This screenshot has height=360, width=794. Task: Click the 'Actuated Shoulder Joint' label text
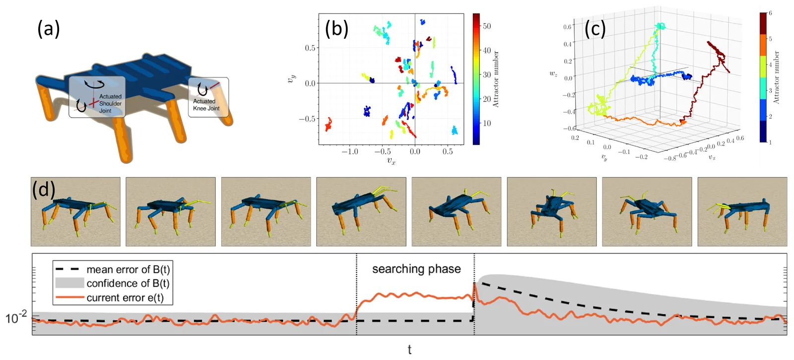pos(110,104)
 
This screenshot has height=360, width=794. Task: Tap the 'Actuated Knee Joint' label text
pos(206,105)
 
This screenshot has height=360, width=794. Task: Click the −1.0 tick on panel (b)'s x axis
pos(349,151)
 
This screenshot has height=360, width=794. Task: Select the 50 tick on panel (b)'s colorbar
pos(487,26)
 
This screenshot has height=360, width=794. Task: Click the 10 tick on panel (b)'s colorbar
pos(487,123)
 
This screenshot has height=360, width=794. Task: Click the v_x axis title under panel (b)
pos(391,161)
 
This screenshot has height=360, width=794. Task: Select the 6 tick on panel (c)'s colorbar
pos(770,13)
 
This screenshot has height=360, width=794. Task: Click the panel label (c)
pos(595,29)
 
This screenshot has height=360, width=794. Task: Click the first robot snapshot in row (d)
pos(75,212)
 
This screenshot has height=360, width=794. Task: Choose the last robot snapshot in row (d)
pos(742,212)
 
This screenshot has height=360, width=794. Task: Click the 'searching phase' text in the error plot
pos(416,269)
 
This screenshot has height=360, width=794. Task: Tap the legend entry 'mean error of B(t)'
pos(113,270)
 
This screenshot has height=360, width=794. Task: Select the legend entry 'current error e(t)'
pos(110,297)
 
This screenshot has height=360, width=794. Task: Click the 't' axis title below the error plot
pos(410,350)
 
